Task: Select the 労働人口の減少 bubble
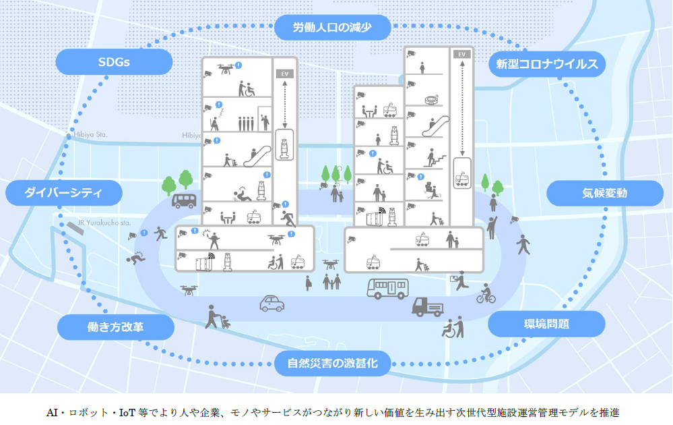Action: [x=333, y=28]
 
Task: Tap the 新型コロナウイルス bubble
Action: [x=546, y=65]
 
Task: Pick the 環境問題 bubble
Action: [x=546, y=324]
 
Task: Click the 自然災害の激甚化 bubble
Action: [x=333, y=364]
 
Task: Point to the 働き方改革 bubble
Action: [x=115, y=328]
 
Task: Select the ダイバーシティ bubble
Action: [x=63, y=194]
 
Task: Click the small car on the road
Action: [x=271, y=304]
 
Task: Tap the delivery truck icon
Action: [x=427, y=307]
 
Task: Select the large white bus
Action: [x=387, y=289]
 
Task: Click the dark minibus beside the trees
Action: [x=184, y=200]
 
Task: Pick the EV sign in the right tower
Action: [x=461, y=54]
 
